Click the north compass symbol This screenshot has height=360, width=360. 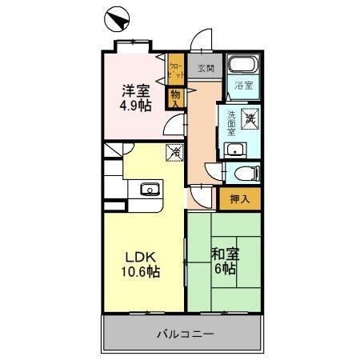[116, 18]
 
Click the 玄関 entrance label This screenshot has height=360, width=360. [206, 69]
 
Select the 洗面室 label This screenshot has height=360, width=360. [231, 124]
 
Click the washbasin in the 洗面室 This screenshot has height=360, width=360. [237, 149]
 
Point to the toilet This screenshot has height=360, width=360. [245, 171]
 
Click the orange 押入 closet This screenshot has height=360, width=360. [239, 198]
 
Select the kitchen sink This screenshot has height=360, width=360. [150, 189]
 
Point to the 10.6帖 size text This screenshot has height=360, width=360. [141, 273]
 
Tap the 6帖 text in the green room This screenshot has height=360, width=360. [225, 270]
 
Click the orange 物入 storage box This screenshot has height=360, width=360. [174, 98]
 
